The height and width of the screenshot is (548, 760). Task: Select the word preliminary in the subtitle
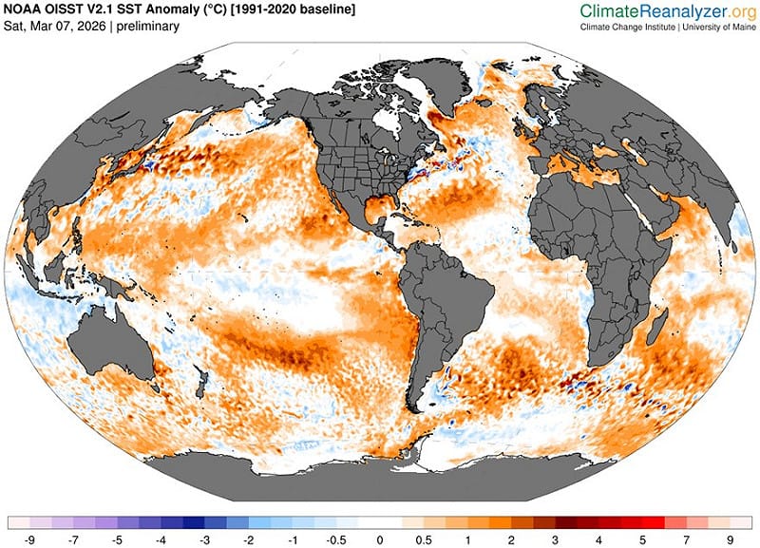tap(148, 27)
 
